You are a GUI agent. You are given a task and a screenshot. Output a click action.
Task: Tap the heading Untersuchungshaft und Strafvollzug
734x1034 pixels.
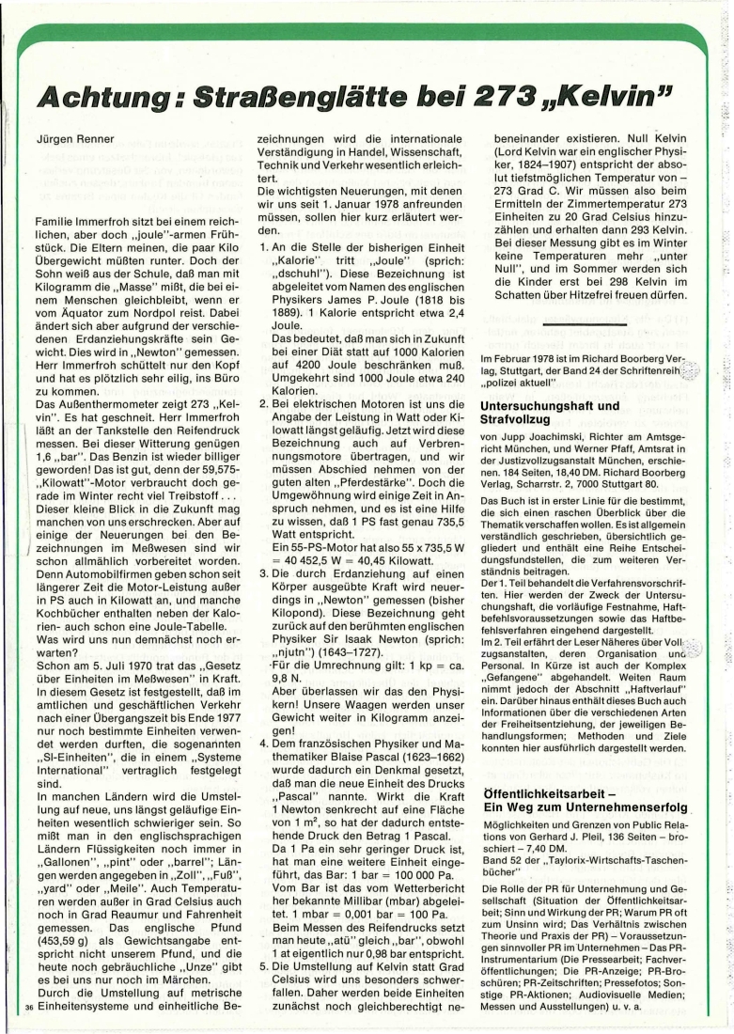point(549,415)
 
